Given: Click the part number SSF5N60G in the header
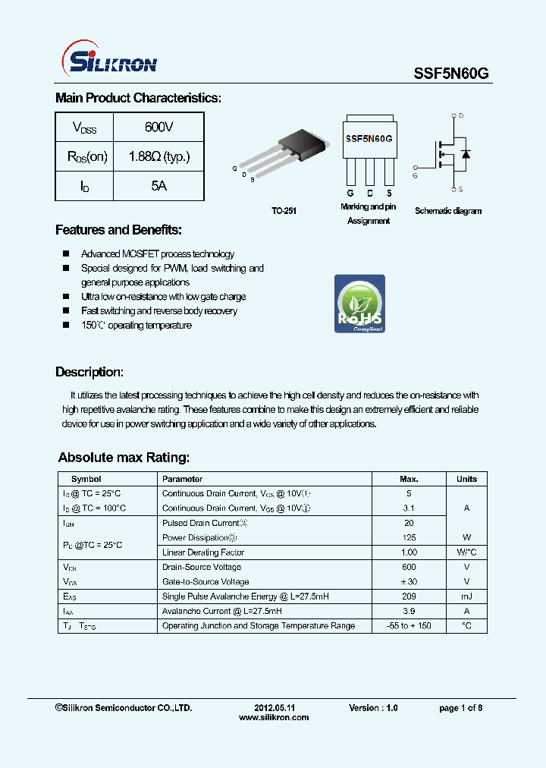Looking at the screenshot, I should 451,73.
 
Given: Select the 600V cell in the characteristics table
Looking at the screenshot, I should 158,127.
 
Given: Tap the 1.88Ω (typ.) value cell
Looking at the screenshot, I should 158,156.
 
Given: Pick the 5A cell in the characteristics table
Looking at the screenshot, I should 158,186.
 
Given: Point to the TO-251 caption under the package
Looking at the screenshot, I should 284,211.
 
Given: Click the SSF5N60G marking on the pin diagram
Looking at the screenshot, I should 369,139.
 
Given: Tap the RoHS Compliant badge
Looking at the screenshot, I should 359,304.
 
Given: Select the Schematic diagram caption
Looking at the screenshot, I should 448,211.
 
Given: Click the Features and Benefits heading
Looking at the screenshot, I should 118,230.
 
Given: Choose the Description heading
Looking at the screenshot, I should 89,372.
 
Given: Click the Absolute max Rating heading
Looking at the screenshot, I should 124,458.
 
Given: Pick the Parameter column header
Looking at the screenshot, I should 183,479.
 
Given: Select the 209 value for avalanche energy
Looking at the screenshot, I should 409,596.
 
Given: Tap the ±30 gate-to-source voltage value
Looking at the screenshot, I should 409,581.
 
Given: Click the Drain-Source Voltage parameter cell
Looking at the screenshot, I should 202,567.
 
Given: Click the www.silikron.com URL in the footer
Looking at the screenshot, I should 274,717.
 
